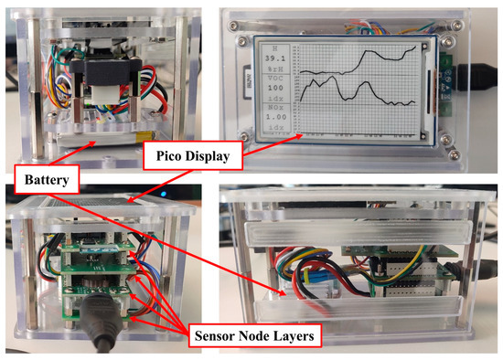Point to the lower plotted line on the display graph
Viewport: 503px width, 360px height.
click(348, 91)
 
